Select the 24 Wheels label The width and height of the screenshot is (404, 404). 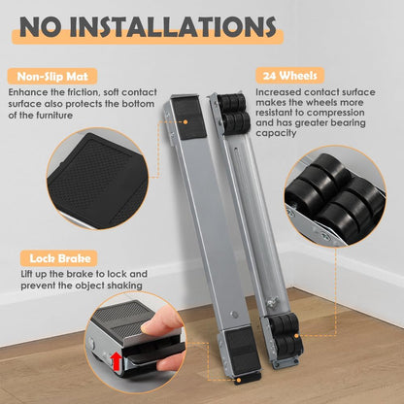coord(287,75)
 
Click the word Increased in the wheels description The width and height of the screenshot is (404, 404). coord(280,91)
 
